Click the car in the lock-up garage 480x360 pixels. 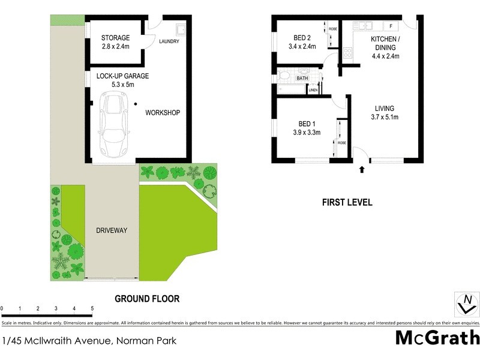(x=115, y=125)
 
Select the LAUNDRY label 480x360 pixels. (x=170, y=41)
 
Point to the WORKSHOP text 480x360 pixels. (x=163, y=112)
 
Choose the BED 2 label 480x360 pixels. (x=301, y=37)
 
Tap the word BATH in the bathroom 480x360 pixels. (x=302, y=79)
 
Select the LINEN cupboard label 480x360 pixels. (x=313, y=91)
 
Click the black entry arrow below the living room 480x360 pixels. (x=361, y=170)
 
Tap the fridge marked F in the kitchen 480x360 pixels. (x=391, y=26)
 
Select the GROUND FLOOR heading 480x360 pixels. (x=147, y=298)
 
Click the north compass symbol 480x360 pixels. (x=466, y=304)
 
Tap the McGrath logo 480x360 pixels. (x=437, y=338)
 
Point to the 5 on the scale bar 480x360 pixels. (x=92, y=308)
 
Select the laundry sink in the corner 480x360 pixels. (x=181, y=29)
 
